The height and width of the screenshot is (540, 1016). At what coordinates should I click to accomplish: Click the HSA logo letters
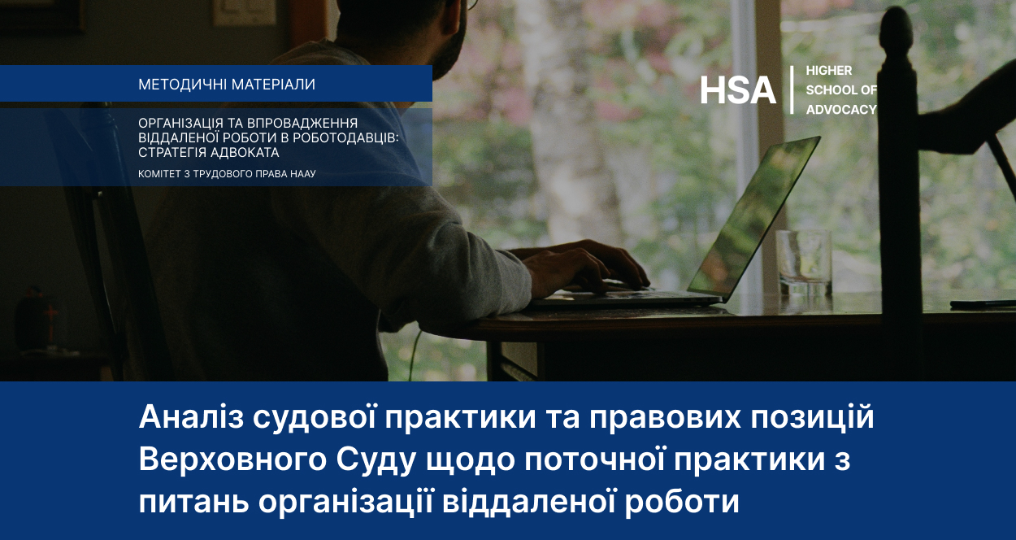(x=738, y=89)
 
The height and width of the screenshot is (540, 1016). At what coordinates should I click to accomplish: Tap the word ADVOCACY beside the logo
(x=841, y=110)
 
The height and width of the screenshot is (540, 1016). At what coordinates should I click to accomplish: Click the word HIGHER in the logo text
(x=829, y=71)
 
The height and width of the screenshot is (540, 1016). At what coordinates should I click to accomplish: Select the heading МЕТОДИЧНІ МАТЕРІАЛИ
(x=227, y=85)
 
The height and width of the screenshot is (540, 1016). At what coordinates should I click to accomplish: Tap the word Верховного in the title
(x=232, y=460)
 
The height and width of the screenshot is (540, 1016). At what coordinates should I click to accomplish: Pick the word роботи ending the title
(x=682, y=503)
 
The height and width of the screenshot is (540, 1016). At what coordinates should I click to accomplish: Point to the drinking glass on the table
(x=803, y=262)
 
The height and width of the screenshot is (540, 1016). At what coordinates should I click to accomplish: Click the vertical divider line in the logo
(x=792, y=89)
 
